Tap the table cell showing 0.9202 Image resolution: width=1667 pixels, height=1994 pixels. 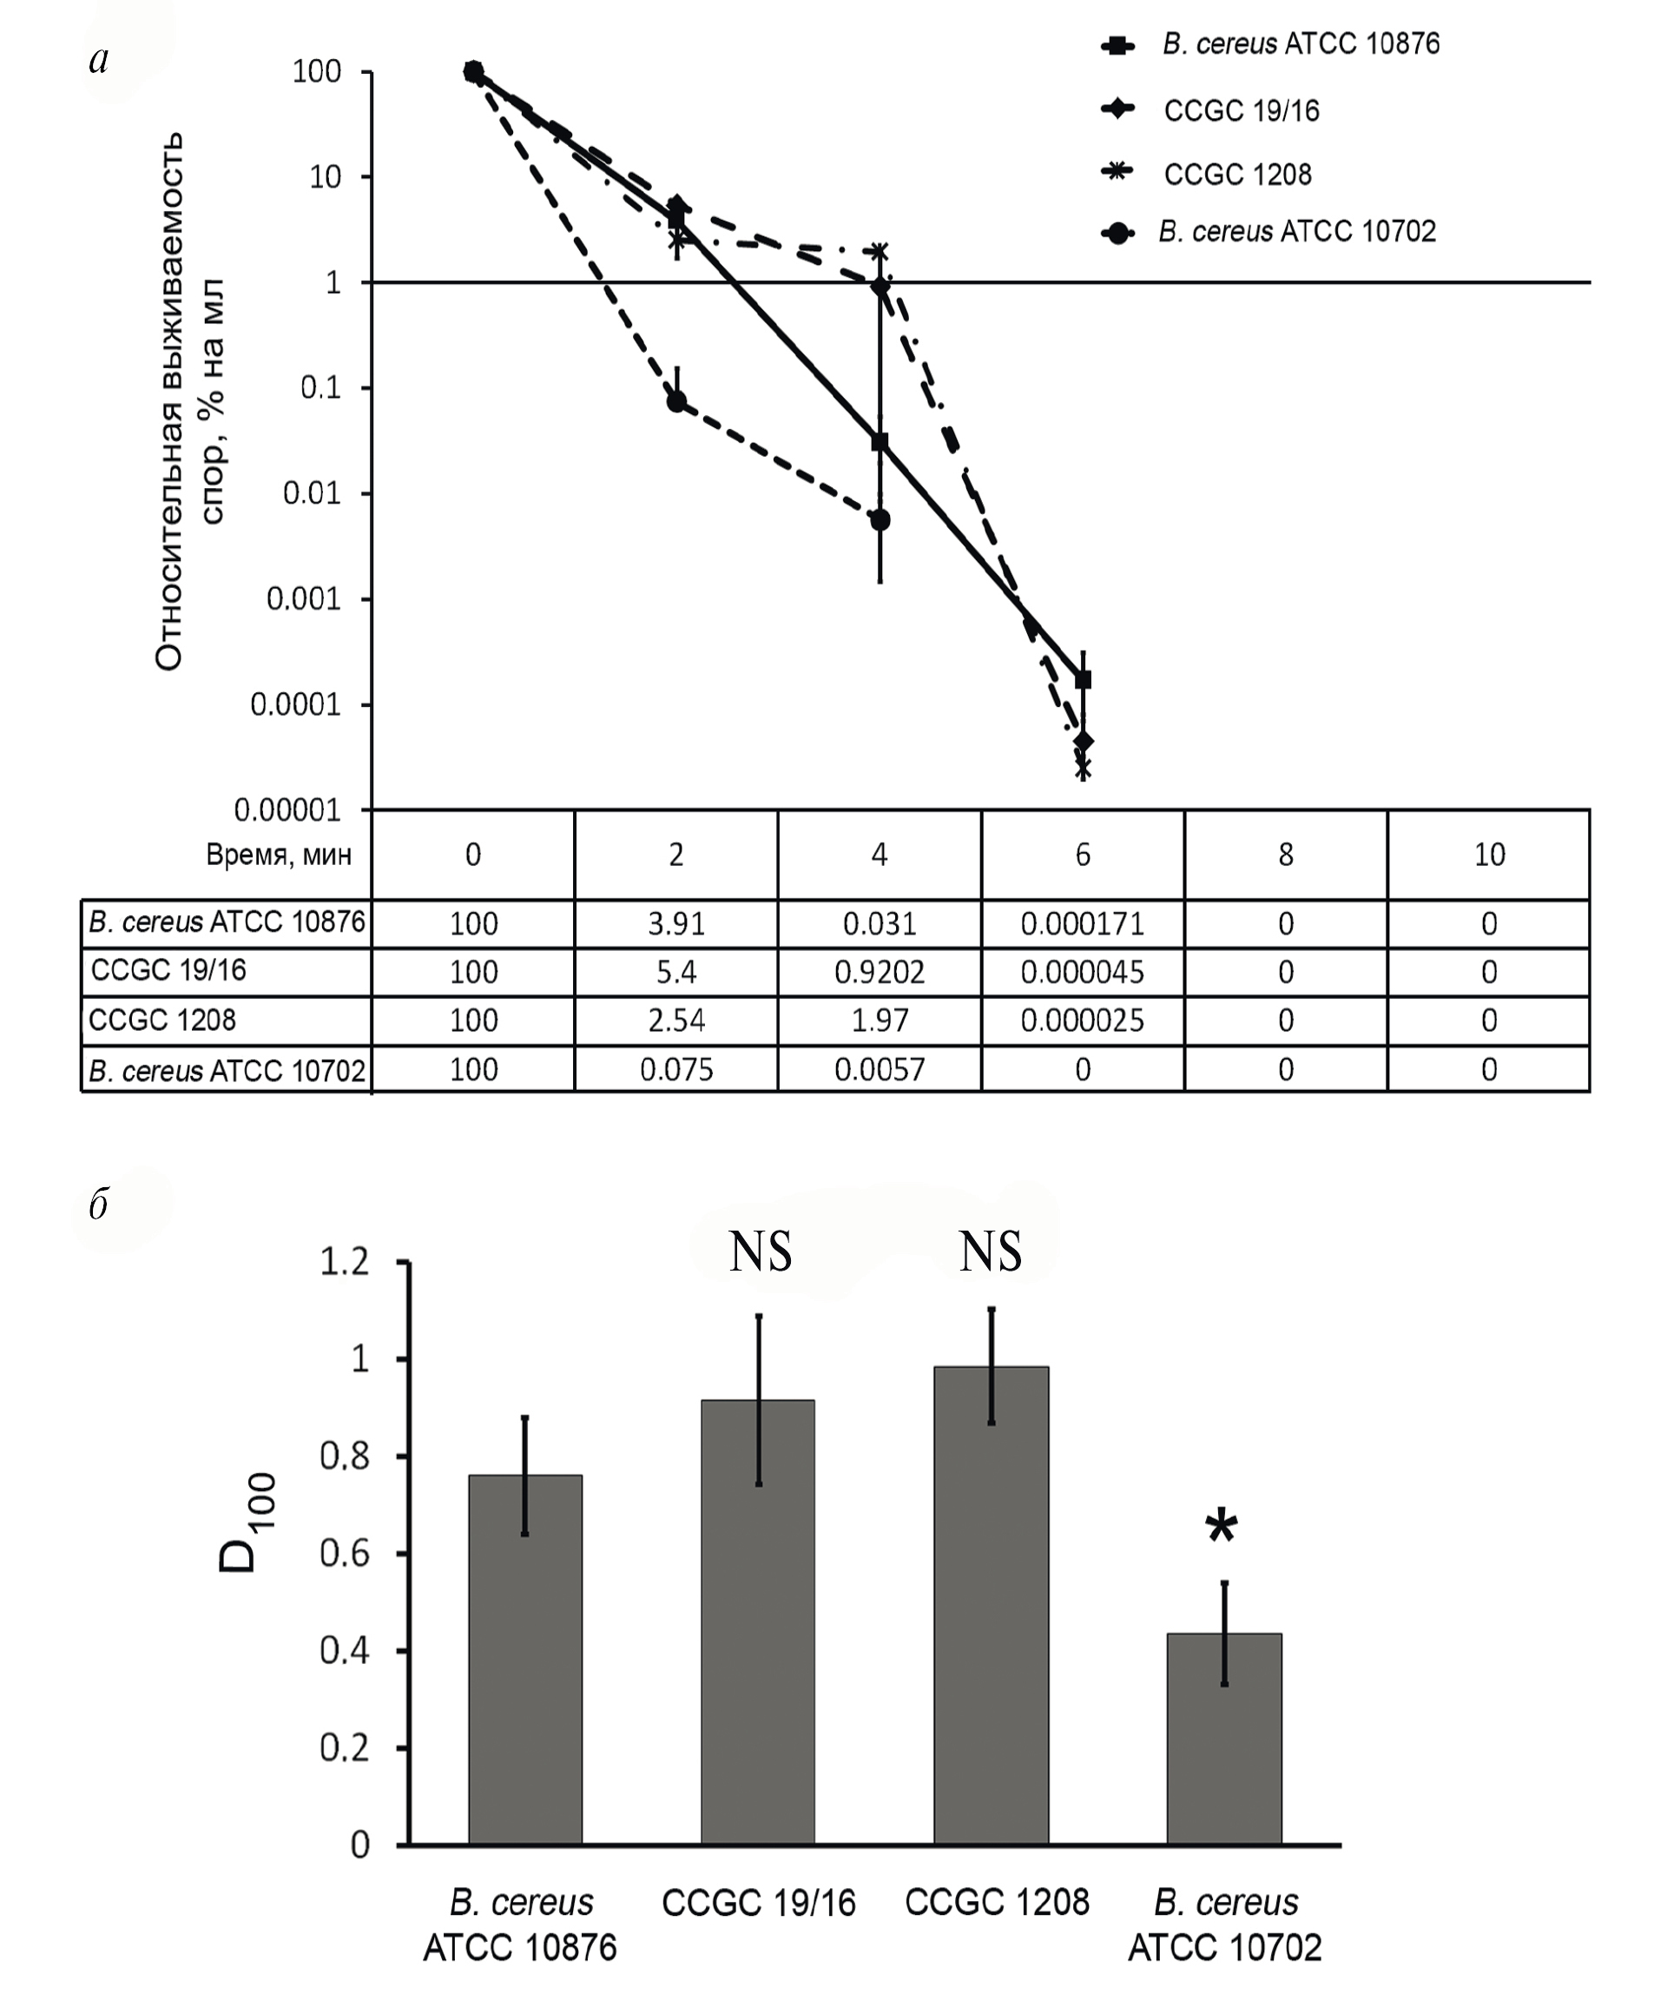879,973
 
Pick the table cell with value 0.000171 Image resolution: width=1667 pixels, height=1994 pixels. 1082,924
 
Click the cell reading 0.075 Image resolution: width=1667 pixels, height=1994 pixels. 675,1070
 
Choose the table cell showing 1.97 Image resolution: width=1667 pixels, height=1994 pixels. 879,1020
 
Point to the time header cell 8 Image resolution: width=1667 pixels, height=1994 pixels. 1285,855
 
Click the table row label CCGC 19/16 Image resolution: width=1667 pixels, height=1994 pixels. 169,970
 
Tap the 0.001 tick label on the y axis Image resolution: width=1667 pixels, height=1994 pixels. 303,599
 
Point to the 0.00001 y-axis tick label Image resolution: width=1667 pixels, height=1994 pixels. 287,811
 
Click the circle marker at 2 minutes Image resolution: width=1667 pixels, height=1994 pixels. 675,401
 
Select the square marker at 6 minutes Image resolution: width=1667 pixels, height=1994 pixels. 1084,680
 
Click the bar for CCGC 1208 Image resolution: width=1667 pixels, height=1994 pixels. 992,1605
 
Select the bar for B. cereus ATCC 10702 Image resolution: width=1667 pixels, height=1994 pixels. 1223,1738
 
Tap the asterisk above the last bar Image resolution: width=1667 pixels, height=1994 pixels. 1222,1528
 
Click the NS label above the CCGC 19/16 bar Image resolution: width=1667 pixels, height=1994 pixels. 761,1252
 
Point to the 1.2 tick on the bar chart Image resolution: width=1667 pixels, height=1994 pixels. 345,1262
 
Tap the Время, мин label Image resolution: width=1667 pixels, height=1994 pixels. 278,855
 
